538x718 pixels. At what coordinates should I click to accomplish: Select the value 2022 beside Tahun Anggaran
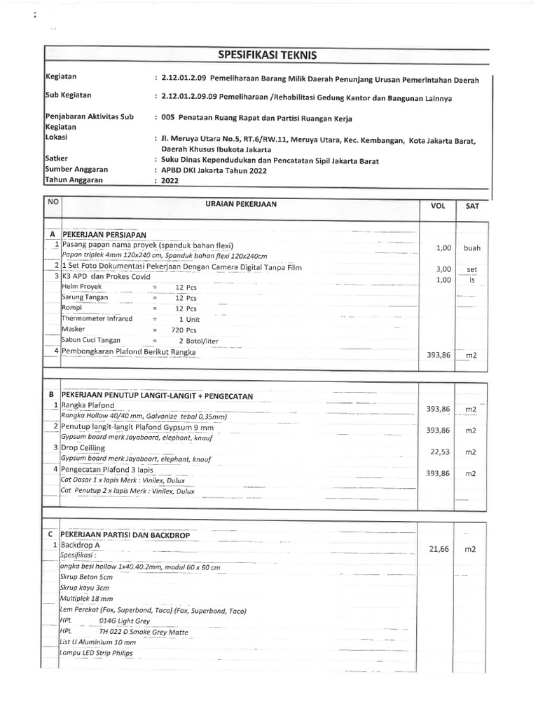169,180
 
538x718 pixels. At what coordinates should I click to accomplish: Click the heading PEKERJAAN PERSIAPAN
110,233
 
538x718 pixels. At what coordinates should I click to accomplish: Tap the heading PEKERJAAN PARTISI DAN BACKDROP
130,534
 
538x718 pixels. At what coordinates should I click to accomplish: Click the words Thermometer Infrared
97,318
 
